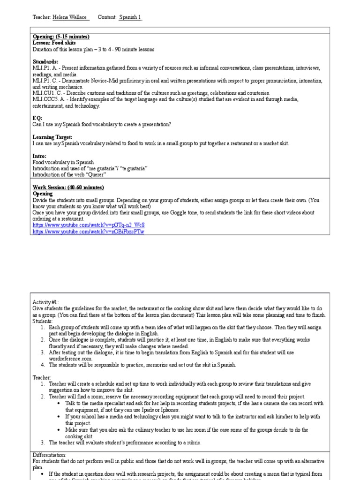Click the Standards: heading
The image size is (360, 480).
pos(45,61)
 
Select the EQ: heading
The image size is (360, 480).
pos(37,118)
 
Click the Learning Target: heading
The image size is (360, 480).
pos(52,137)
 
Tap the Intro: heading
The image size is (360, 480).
pos(39,156)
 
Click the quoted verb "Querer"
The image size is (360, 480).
pos(97,174)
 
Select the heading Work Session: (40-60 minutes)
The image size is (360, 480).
pos(68,187)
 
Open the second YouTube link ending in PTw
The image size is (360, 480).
pos(89,232)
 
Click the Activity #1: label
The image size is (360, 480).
pos(46,302)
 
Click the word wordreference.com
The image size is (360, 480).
pos(70,358)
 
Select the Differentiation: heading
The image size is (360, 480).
pos(50,455)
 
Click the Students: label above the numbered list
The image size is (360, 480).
pos(43,321)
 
